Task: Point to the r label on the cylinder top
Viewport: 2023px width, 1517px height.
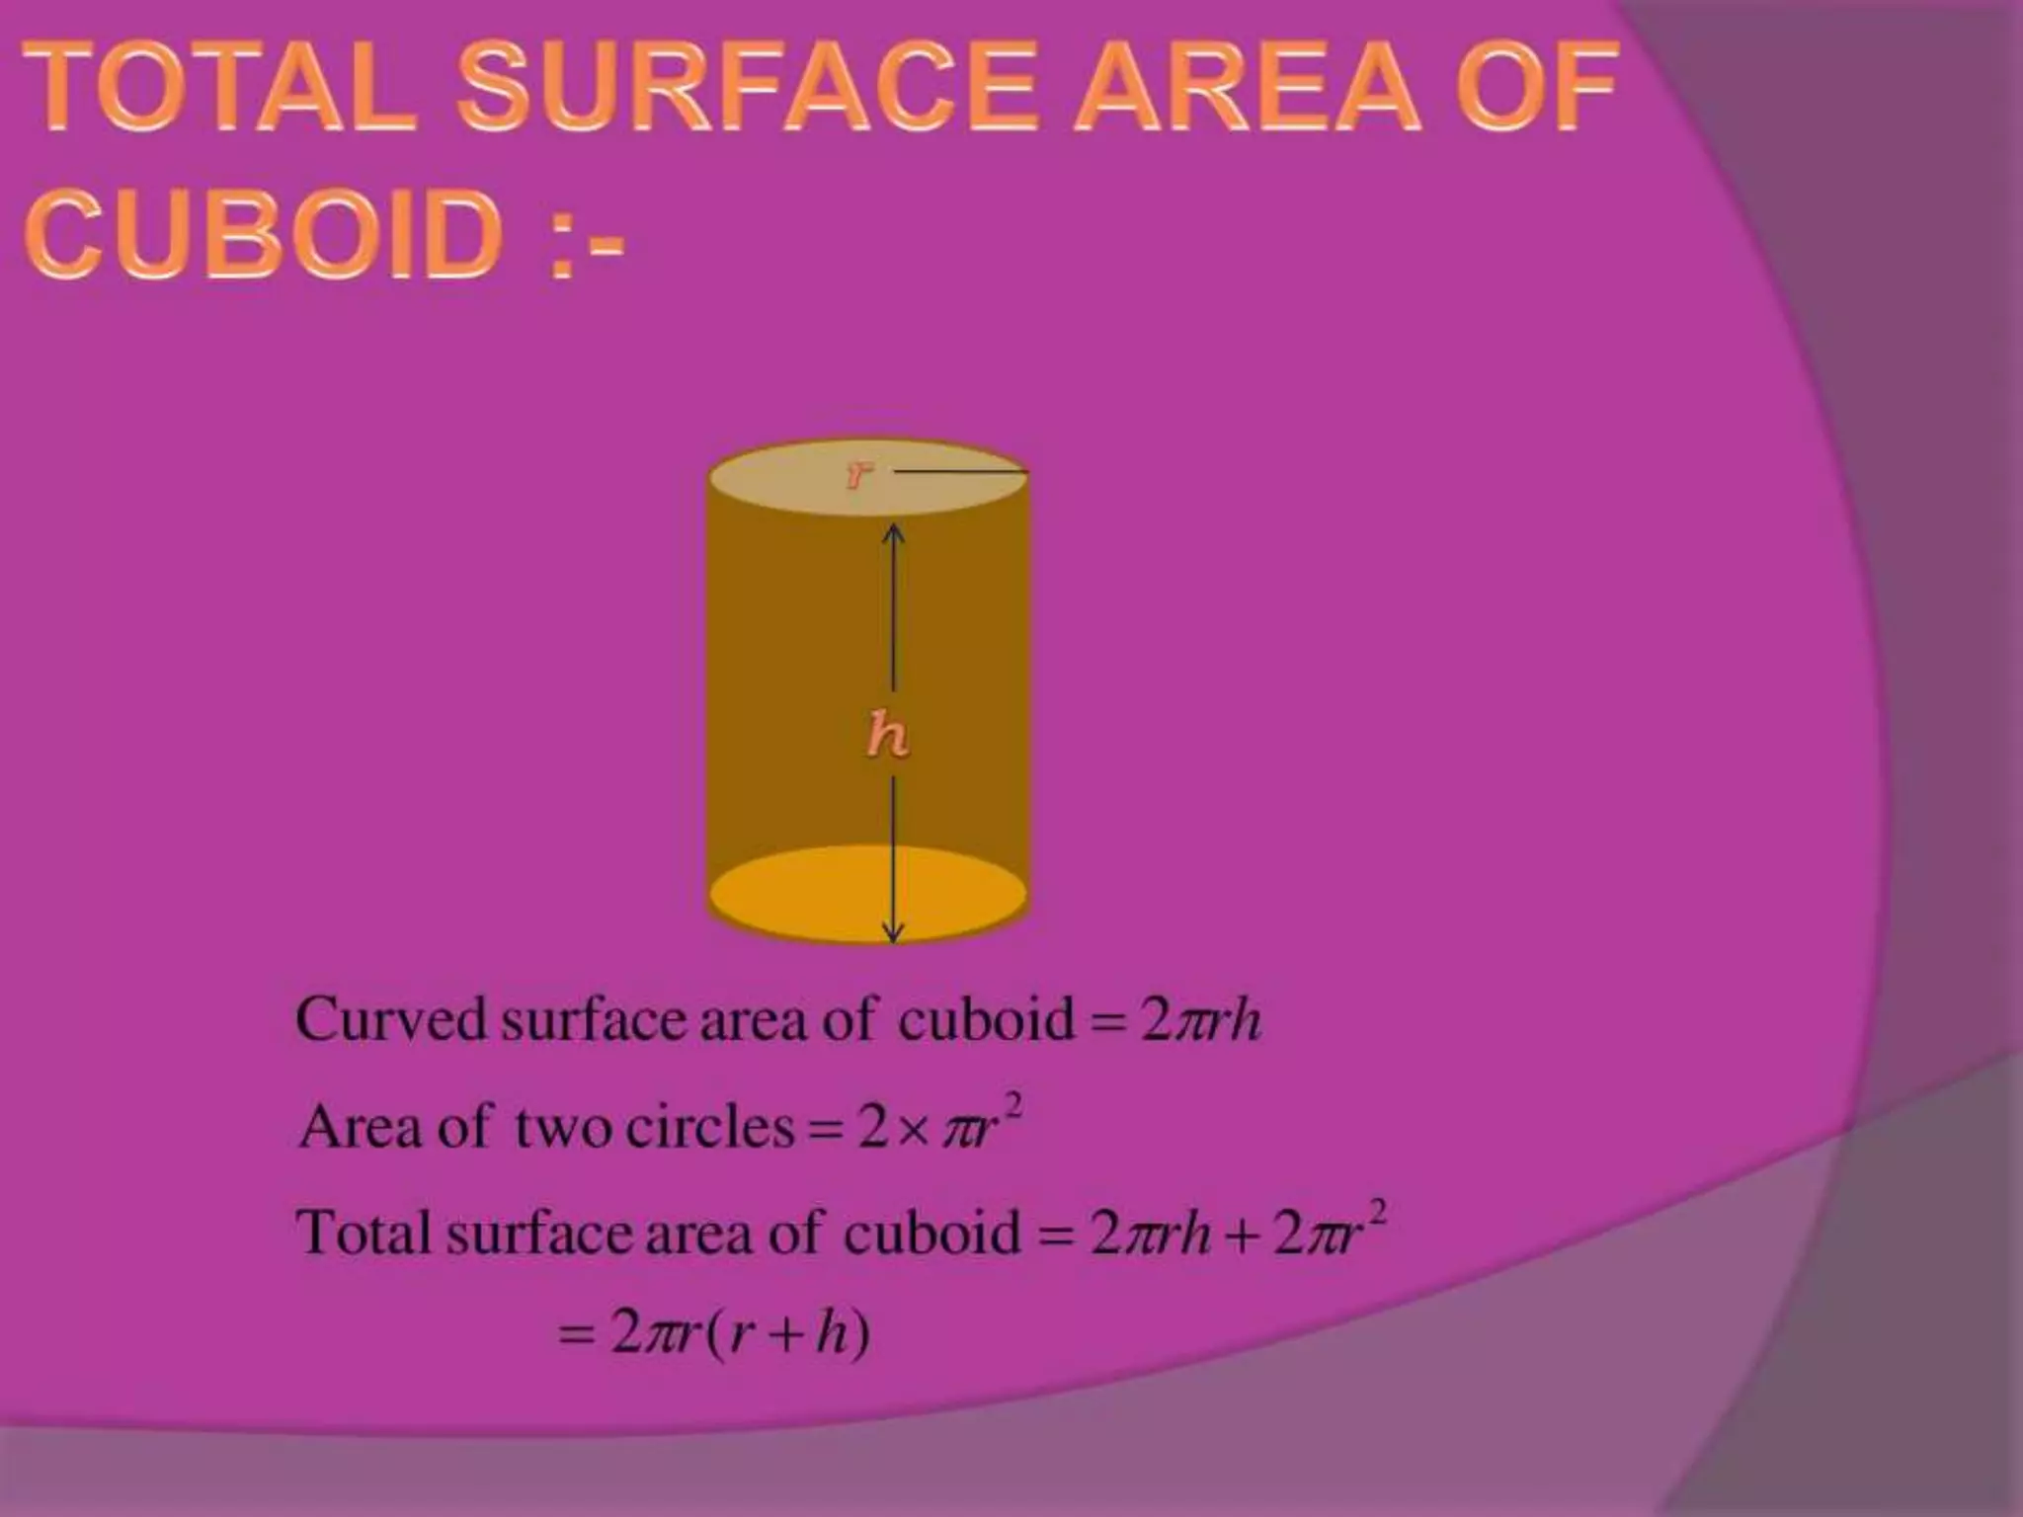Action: click(859, 475)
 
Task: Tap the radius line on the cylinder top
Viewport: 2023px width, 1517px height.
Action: click(961, 473)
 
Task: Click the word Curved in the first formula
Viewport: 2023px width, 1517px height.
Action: click(391, 1019)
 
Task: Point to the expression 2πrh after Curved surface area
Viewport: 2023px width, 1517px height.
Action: click(1200, 1021)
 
